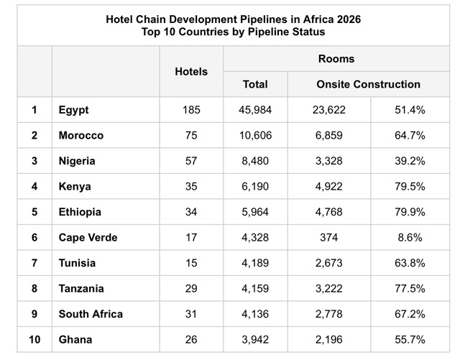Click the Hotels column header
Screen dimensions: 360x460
(x=191, y=71)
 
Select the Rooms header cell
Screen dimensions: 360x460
(x=337, y=59)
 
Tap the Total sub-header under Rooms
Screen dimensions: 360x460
(x=255, y=84)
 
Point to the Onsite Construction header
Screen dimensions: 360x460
(x=368, y=84)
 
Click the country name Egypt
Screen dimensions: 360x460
(x=74, y=110)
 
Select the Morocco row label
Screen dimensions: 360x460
(x=81, y=135)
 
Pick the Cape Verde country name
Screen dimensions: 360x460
(x=88, y=237)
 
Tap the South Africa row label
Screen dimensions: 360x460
(x=91, y=313)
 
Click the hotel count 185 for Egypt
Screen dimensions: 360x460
(x=191, y=110)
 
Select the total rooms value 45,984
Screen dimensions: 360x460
(x=255, y=110)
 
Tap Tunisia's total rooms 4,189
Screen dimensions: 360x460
(x=255, y=263)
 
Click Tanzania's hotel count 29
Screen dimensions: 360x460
(x=191, y=288)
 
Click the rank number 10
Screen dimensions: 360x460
(x=34, y=339)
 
